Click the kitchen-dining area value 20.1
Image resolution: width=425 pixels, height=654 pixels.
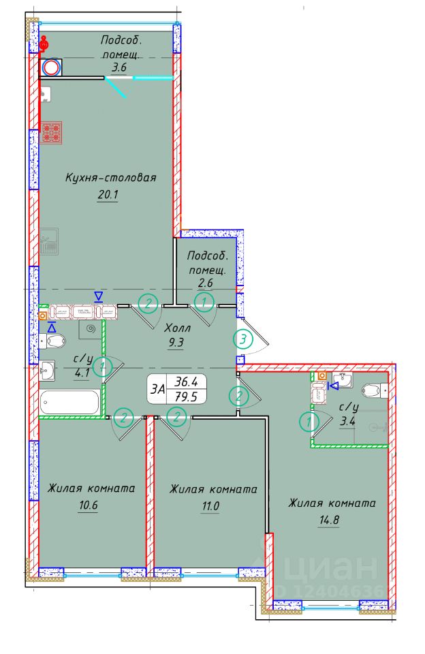pos(108,198)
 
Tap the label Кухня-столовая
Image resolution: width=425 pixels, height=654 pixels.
pos(111,178)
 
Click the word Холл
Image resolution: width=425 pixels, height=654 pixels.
pos(177,326)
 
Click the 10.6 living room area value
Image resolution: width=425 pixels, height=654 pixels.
pos(82,508)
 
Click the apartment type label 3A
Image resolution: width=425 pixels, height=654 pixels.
pos(158,389)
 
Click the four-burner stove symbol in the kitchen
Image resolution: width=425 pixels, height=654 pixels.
pos(51,132)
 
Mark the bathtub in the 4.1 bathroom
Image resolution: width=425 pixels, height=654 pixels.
pos(70,401)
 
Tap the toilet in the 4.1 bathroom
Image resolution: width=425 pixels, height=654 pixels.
pos(54,340)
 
